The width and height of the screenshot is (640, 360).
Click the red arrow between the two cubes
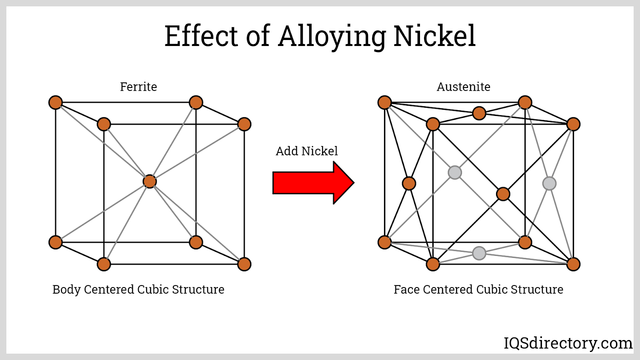pyautogui.click(x=314, y=183)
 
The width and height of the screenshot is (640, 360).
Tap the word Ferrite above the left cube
pyautogui.click(x=138, y=87)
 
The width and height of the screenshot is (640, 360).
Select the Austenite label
pyautogui.click(x=464, y=87)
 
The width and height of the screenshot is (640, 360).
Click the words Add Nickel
pyautogui.click(x=306, y=151)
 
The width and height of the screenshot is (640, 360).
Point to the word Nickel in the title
pyautogui.click(x=434, y=36)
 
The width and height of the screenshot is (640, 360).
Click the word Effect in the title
pyautogui.click(x=201, y=36)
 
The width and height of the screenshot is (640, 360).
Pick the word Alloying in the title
pyautogui.click(x=332, y=38)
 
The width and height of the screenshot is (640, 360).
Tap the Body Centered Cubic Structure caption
pyautogui.click(x=138, y=290)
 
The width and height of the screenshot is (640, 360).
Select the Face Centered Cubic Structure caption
pyautogui.click(x=478, y=290)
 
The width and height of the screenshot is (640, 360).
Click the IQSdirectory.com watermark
pyautogui.click(x=568, y=343)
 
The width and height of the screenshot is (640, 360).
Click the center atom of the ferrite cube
pyautogui.click(x=150, y=182)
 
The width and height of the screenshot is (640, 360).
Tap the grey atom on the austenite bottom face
pyautogui.click(x=479, y=253)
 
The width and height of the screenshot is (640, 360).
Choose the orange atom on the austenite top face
pyautogui.click(x=479, y=114)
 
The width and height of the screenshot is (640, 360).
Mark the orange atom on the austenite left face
pyautogui.click(x=409, y=184)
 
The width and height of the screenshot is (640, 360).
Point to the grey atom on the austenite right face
pyautogui.click(x=549, y=184)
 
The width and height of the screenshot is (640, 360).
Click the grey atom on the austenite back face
pyautogui.click(x=455, y=172)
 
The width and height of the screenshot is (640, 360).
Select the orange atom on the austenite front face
pyautogui.click(x=503, y=194)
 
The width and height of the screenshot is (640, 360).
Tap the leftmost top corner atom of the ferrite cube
pyautogui.click(x=56, y=102)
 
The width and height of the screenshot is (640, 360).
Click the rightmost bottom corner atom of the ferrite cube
pyautogui.click(x=244, y=264)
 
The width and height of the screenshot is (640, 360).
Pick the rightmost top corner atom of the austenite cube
pyautogui.click(x=573, y=124)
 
